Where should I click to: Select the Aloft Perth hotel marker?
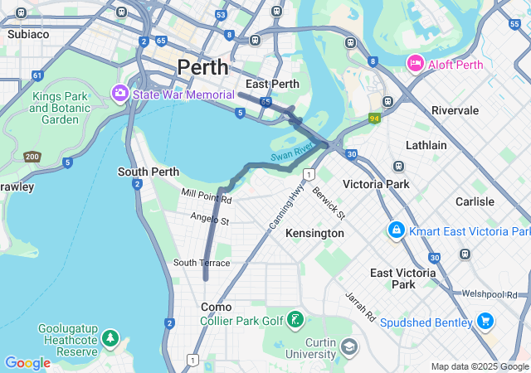[x=415, y=64]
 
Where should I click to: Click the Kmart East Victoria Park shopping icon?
[x=397, y=230]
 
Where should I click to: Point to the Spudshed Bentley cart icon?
[x=485, y=321]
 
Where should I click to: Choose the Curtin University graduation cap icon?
[x=348, y=344]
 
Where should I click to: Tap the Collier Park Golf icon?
[x=295, y=320]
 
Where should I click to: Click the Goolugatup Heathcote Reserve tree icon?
[x=110, y=338]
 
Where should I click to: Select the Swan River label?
[x=290, y=152]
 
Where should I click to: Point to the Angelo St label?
[x=209, y=220]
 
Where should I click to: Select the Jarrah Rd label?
[x=361, y=306]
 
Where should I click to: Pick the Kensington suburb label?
[x=314, y=234]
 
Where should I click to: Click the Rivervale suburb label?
[x=455, y=110]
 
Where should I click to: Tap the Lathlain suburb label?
[x=426, y=145]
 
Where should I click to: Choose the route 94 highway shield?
[x=376, y=119]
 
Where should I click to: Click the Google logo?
[x=27, y=362]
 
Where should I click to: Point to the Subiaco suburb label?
[x=28, y=34]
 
